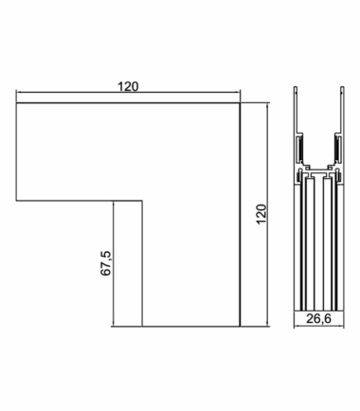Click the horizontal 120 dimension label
click(x=128, y=86)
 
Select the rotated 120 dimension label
click(x=261, y=214)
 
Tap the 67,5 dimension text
click(x=106, y=263)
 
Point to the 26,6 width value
click(x=318, y=319)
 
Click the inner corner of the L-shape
click(x=142, y=200)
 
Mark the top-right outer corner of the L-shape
click(x=240, y=102)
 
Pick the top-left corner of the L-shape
click(x=16, y=102)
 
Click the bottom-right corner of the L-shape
click(x=240, y=326)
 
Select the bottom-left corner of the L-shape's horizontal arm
click(x=16, y=200)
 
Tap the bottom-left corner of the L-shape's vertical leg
click(x=142, y=326)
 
